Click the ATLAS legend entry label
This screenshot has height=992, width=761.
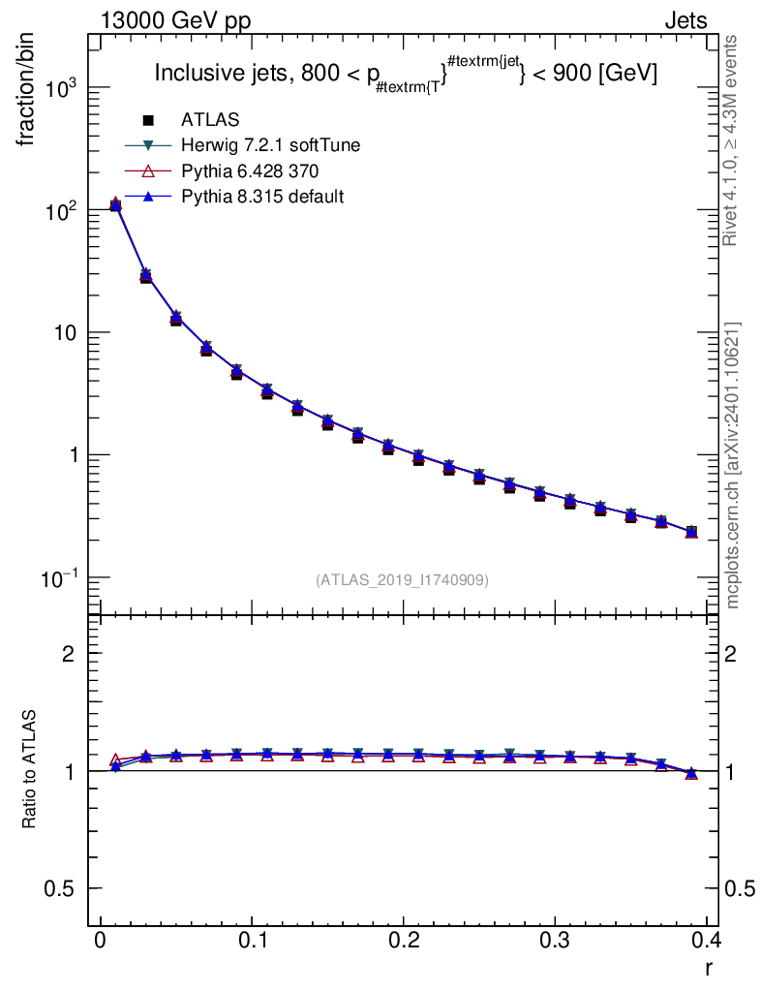[210, 119]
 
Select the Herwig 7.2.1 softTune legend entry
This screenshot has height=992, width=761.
[270, 145]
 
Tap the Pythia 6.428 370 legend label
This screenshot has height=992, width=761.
[250, 170]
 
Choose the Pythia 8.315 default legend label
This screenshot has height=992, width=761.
[262, 197]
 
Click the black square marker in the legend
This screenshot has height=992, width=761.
[148, 119]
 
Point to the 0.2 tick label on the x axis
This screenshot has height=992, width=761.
[404, 940]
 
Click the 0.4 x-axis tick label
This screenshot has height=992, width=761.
[707, 940]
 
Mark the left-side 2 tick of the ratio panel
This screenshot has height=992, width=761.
[68, 654]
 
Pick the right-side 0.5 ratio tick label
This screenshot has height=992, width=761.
[740, 889]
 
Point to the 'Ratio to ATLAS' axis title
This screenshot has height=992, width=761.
[28, 769]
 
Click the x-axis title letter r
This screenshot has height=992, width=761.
[709, 968]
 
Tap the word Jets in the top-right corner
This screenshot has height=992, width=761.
[685, 21]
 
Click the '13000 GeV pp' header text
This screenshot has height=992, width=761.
[175, 21]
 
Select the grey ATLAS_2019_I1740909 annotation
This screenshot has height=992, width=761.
[402, 579]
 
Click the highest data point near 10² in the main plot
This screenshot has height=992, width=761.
[115, 204]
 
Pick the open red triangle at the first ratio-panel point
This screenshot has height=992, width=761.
[115, 759]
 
